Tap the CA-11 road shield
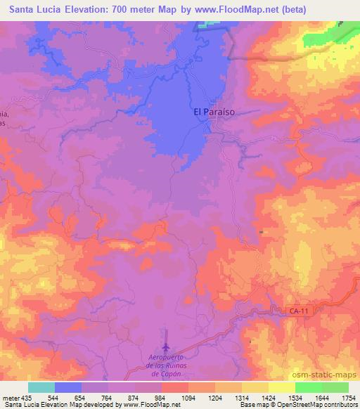point(298,310)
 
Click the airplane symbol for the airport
point(166,346)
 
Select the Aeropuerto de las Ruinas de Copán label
point(166,365)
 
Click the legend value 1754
point(347,398)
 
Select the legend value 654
point(82,398)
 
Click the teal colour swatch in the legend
point(41,387)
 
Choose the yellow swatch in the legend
point(255,387)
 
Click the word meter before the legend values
point(10,398)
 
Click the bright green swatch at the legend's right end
point(335,387)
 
